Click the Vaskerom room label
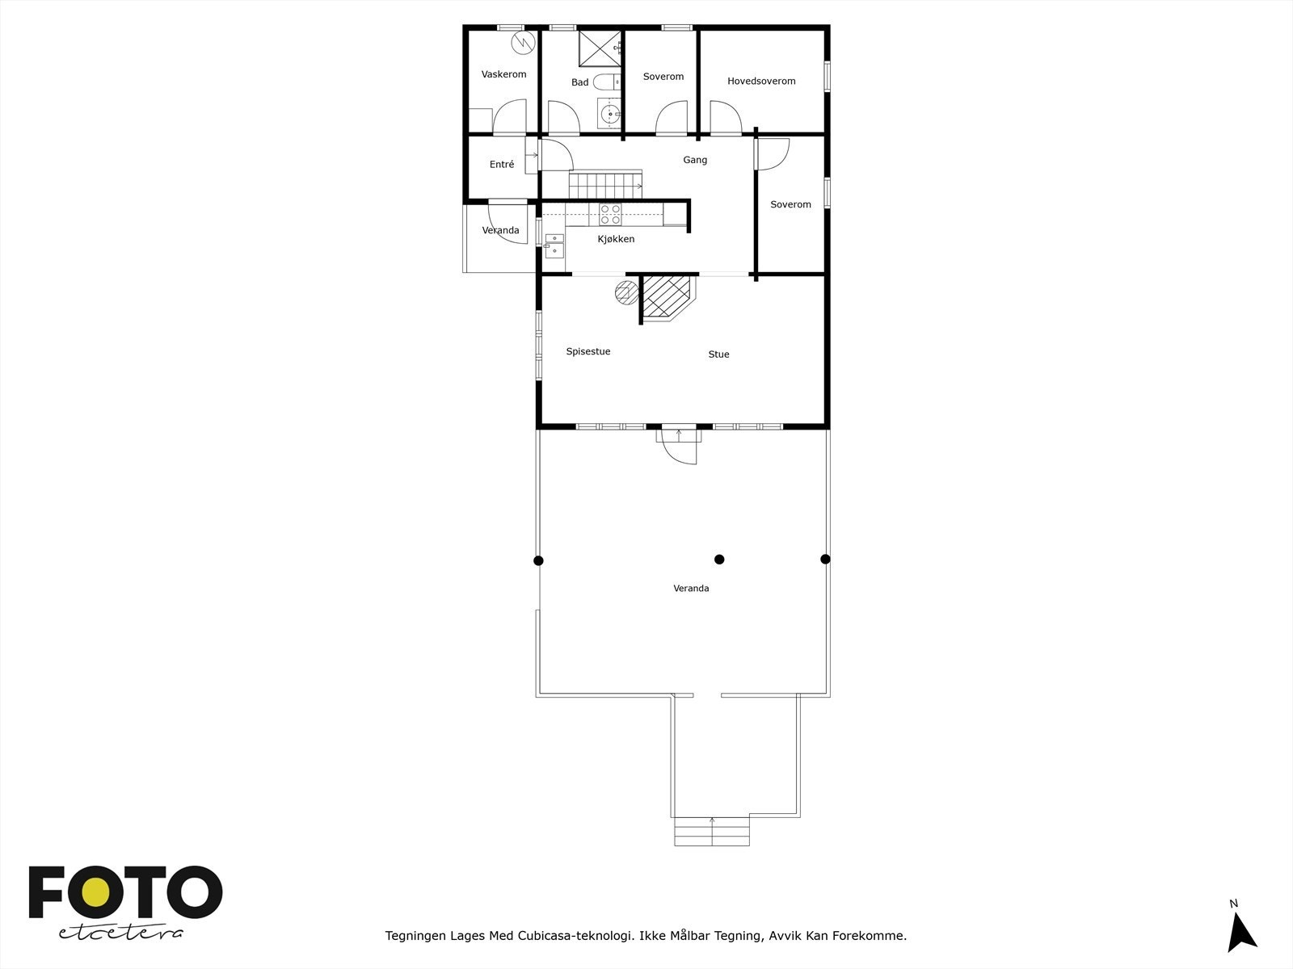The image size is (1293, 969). point(503,74)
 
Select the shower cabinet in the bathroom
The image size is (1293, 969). point(600,48)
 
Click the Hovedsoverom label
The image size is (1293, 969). point(761,81)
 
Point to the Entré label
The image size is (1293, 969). point(502,165)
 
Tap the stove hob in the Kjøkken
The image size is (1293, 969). point(610,214)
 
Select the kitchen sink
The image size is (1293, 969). point(554,245)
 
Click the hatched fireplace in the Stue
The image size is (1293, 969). point(667,296)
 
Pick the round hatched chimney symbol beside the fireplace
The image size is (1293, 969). point(625,292)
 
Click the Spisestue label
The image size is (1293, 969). point(588,351)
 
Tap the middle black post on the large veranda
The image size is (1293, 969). point(719,559)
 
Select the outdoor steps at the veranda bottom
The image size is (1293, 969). point(712,831)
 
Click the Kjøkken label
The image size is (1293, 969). point(616,239)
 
